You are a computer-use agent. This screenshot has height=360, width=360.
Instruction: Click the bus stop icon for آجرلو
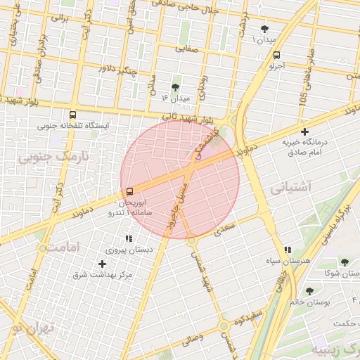pyautogui.click(x=276, y=54)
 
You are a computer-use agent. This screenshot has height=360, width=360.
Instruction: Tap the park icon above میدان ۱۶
pyautogui.click(x=175, y=87)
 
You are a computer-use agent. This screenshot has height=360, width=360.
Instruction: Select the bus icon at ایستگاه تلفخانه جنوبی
pyautogui.click(x=72, y=115)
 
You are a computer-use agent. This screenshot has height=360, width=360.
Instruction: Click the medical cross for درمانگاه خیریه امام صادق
pyautogui.click(x=304, y=131)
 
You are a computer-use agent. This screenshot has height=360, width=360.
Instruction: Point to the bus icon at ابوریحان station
pyautogui.click(x=129, y=191)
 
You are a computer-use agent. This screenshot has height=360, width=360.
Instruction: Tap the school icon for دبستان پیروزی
pyautogui.click(x=128, y=239)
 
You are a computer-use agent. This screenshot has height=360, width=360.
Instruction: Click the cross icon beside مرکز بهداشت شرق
pyautogui.click(x=103, y=264)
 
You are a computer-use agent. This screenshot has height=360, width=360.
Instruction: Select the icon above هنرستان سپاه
pyautogui.click(x=287, y=250)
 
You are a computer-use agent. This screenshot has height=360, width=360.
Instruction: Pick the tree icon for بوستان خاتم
pyautogui.click(x=309, y=291)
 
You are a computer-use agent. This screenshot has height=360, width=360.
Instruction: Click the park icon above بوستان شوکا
pyautogui.click(x=344, y=262)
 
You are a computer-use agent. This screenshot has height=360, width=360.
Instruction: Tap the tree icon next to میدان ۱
pyautogui.click(x=264, y=29)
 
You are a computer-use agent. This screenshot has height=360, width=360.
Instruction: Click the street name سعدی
pyautogui.click(x=224, y=227)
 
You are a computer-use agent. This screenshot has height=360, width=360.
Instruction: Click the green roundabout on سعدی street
pyautogui.click(x=191, y=240)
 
